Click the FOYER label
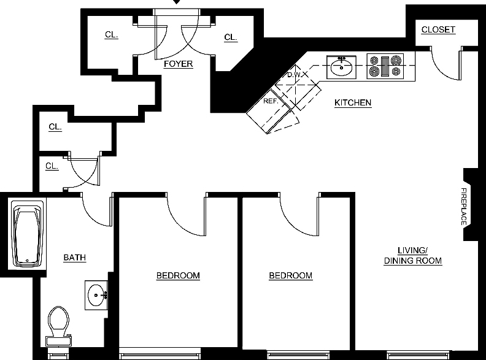(178, 64)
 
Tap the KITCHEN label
(353, 102)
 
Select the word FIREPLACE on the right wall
(464, 207)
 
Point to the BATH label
(75, 258)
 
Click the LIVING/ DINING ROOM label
(413, 256)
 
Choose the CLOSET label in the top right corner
(438, 29)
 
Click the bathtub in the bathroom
(27, 234)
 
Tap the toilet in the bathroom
(58, 326)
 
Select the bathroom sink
(96, 295)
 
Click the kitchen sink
(341, 67)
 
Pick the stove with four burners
(385, 66)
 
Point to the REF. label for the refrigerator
(271, 101)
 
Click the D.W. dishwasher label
(293, 75)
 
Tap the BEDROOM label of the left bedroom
(178, 276)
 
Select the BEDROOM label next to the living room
(291, 276)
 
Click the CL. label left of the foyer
(112, 35)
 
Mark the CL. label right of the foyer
(231, 37)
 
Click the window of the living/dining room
(418, 354)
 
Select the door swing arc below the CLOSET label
(440, 71)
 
